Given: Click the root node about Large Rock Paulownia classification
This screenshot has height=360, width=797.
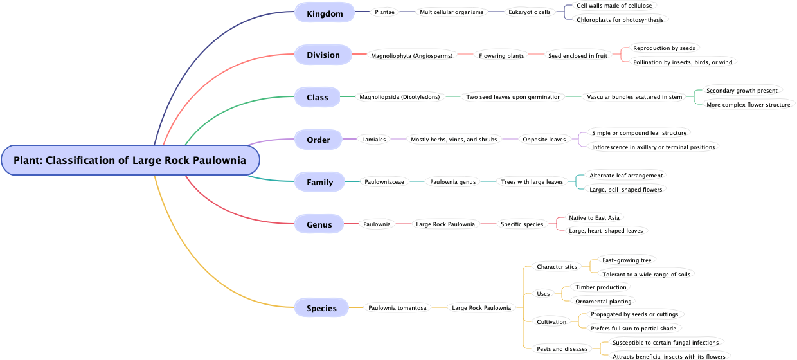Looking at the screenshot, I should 130,160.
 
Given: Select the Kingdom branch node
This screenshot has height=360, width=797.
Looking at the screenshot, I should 325,13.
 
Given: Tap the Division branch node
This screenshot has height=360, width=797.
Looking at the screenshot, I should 323,55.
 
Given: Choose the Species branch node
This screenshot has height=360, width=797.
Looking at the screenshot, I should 321,308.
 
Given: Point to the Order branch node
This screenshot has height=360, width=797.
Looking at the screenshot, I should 318,139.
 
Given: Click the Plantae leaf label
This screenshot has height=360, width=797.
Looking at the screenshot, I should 384,12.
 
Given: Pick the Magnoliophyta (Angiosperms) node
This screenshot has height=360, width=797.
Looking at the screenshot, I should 411,55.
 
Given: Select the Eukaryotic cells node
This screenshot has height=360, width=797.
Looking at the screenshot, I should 529,12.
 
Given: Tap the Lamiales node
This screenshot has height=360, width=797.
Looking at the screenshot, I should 373,139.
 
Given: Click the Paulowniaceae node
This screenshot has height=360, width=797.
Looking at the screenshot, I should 384,182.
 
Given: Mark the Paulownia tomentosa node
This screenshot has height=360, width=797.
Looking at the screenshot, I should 397,308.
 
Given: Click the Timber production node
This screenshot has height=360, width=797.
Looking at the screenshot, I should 600,287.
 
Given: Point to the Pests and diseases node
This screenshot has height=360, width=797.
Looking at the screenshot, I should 562,349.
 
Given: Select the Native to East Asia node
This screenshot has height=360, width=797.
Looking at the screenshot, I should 594,218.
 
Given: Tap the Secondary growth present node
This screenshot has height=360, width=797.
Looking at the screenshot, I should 742,91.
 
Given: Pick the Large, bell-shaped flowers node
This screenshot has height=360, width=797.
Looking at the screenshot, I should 625,189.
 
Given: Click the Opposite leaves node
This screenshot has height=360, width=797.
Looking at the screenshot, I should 544,139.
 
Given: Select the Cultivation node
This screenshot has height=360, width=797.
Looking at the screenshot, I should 551,322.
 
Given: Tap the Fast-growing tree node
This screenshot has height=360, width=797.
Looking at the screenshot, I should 627,260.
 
